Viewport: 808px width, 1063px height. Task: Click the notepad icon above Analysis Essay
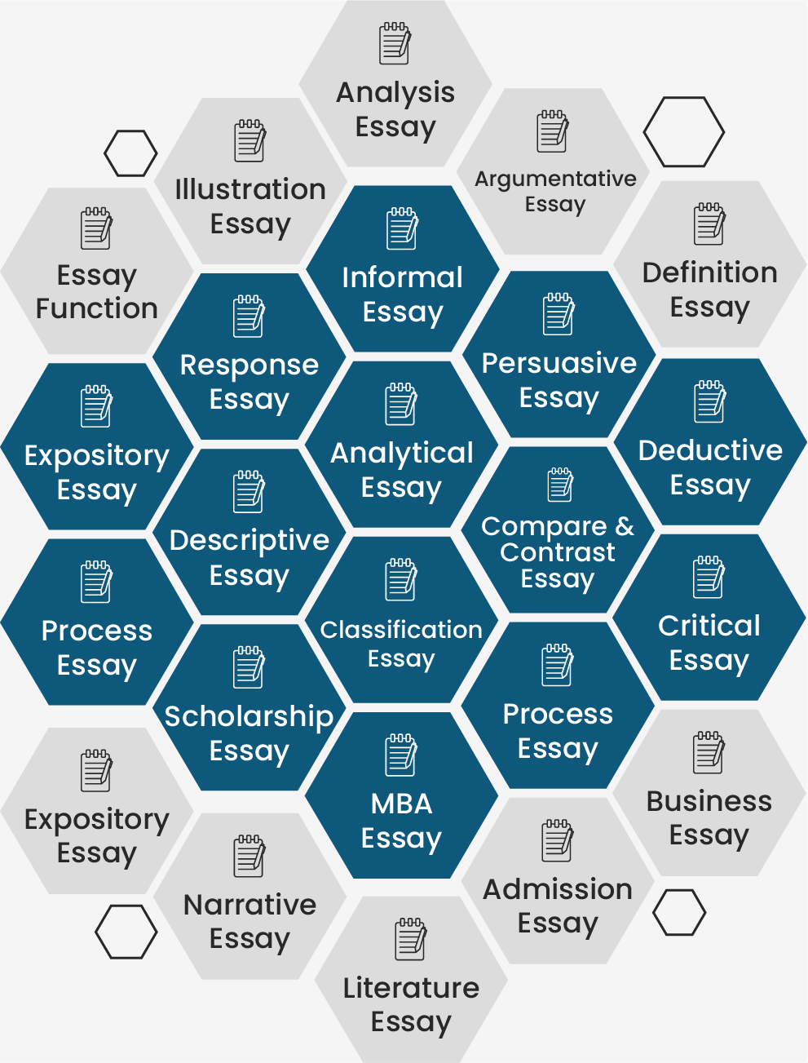click(x=395, y=43)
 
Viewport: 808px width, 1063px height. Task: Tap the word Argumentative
click(x=555, y=179)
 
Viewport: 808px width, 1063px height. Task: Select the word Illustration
click(x=250, y=189)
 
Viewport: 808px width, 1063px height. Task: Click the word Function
click(x=97, y=308)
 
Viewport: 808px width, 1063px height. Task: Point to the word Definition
click(x=710, y=272)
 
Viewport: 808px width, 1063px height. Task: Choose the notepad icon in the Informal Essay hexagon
click(x=403, y=228)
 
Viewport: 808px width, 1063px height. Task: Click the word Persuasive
click(x=559, y=363)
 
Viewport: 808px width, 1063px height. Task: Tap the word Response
click(x=249, y=365)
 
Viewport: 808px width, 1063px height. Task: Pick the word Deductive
click(x=710, y=450)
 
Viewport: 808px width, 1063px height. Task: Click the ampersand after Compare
click(x=625, y=526)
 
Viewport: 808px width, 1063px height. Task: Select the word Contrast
click(x=558, y=552)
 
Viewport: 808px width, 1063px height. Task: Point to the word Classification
click(x=402, y=630)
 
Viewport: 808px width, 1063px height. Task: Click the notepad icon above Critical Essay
click(x=709, y=577)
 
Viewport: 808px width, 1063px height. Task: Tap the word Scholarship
click(x=249, y=717)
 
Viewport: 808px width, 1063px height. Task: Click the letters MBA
click(x=402, y=804)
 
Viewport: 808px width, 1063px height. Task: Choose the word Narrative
click(x=250, y=905)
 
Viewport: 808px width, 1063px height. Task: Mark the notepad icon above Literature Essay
click(x=410, y=938)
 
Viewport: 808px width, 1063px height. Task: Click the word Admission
click(x=558, y=889)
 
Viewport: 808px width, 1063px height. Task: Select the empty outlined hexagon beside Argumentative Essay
click(x=683, y=131)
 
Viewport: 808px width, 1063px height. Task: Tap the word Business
click(x=709, y=801)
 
